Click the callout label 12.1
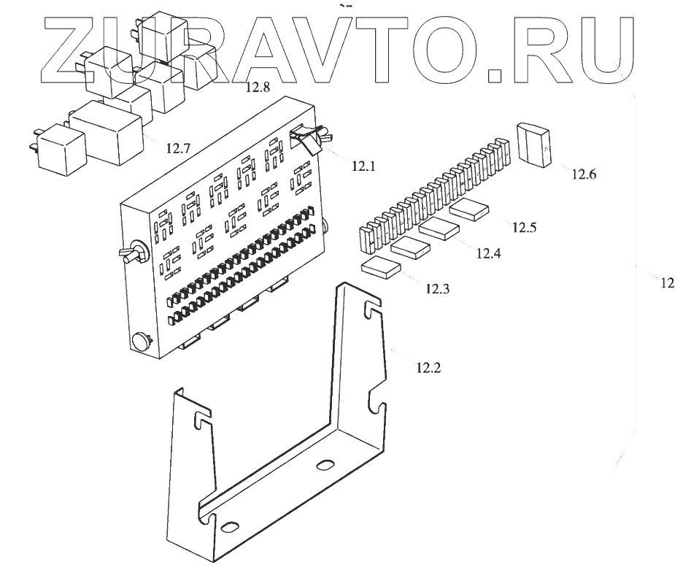click(x=362, y=166)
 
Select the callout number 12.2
click(x=428, y=367)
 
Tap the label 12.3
click(x=437, y=288)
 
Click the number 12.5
click(x=523, y=227)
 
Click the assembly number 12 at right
click(x=667, y=283)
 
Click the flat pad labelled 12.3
click(x=380, y=267)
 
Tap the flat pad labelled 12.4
click(x=440, y=228)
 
